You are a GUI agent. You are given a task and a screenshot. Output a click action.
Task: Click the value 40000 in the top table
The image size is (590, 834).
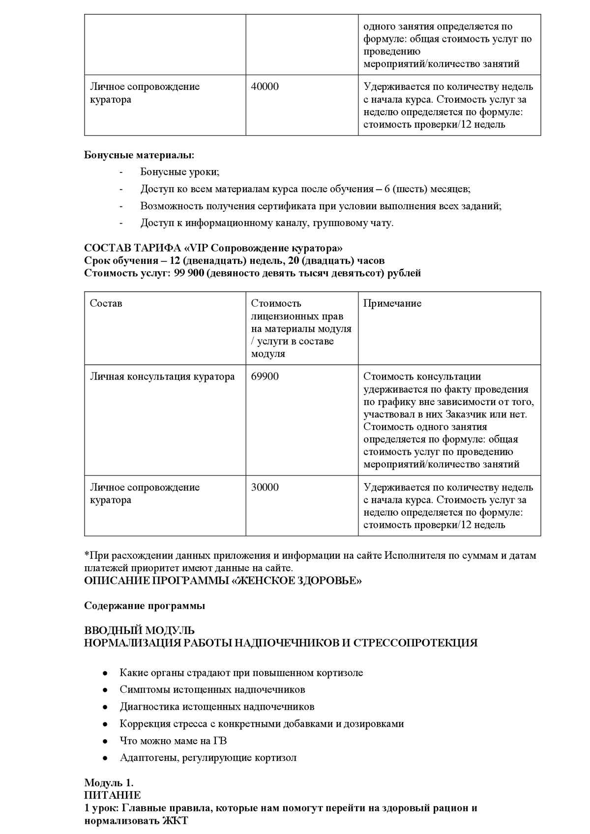(265, 87)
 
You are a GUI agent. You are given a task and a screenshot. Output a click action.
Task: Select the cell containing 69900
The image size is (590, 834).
(265, 377)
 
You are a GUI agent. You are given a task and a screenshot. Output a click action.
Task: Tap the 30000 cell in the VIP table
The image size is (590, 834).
(265, 488)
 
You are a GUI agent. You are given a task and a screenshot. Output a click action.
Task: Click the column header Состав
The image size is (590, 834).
(106, 304)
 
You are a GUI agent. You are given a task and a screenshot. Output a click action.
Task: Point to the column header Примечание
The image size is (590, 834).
(392, 304)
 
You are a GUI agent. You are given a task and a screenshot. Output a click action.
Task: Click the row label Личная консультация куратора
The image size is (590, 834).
(162, 377)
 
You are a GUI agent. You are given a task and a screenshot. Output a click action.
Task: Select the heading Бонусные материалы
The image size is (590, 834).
(139, 155)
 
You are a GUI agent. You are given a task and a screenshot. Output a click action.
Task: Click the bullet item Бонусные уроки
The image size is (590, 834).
(179, 172)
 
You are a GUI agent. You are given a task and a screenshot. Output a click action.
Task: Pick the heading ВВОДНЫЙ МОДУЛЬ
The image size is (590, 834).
(139, 631)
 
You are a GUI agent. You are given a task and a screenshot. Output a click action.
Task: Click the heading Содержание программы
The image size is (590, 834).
(145, 606)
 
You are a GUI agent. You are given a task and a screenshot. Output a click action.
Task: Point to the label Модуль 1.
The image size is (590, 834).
(109, 783)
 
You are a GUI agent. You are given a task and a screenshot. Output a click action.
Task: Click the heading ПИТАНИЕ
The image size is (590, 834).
(112, 795)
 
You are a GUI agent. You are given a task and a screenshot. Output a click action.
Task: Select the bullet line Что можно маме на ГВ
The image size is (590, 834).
(173, 741)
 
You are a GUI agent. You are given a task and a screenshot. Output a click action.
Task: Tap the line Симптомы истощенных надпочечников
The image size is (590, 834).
(212, 690)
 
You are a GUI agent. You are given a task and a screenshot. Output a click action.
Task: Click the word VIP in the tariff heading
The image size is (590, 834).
(204, 248)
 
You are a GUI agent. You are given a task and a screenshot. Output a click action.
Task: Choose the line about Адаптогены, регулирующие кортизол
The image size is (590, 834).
(208, 757)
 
